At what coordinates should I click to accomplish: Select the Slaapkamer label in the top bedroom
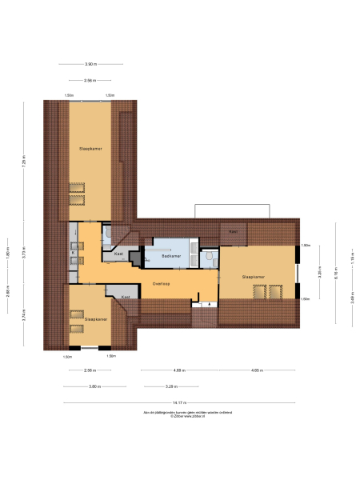click(x=89, y=149)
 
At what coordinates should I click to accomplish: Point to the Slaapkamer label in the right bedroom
click(x=254, y=276)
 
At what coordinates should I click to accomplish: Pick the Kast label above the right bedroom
click(x=233, y=232)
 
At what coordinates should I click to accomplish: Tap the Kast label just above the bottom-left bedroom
click(x=126, y=297)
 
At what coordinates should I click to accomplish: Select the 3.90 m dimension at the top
click(x=90, y=64)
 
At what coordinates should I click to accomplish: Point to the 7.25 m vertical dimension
click(x=25, y=163)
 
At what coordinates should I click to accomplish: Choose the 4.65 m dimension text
click(x=255, y=370)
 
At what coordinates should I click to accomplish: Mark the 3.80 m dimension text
click(x=94, y=386)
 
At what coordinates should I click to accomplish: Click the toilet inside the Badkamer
click(x=207, y=257)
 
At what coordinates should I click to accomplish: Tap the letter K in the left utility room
click(x=73, y=254)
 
